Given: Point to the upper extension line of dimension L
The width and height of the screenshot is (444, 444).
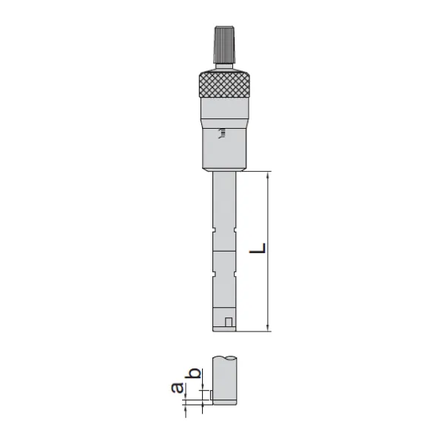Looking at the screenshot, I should coord(255,172).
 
